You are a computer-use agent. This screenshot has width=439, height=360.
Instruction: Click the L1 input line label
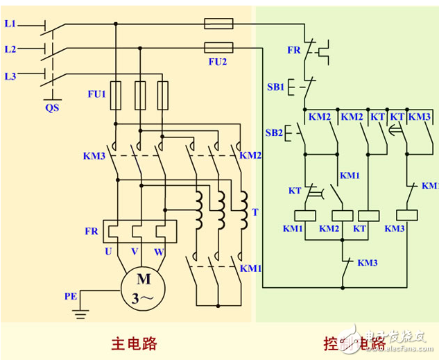10,24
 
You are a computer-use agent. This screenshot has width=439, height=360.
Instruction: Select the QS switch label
52,108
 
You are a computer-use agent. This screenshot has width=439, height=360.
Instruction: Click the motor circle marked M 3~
144,289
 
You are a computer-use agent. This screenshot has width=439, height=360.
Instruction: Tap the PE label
71,296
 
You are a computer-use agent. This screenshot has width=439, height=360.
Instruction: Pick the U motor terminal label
108,251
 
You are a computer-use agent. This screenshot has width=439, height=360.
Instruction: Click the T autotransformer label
255,212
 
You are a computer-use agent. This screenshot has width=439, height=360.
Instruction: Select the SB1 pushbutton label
275,87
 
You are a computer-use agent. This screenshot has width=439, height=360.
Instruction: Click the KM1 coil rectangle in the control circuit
305,215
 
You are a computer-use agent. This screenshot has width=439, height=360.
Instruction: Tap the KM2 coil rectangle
343,215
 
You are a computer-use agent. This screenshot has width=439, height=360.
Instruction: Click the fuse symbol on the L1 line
218,24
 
